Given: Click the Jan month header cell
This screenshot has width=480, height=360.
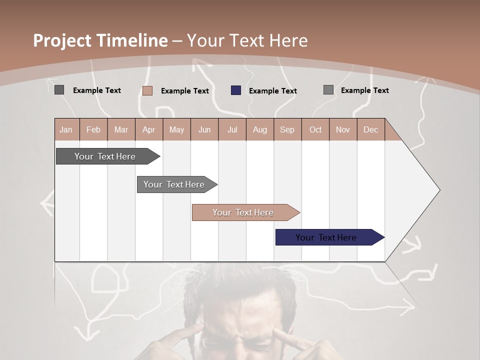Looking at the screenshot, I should click(66, 130).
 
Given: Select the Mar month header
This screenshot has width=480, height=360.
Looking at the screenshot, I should click(121, 130).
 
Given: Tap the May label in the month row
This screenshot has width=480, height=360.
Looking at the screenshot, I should click(176, 130).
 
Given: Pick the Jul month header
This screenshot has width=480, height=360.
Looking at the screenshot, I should click(232, 130).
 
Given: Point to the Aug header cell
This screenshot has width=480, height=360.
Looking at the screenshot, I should click(259, 130).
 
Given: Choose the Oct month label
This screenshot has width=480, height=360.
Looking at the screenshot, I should click(315, 130).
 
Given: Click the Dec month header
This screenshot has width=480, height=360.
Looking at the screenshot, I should click(370, 130).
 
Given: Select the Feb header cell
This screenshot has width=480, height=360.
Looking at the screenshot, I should click(93, 130).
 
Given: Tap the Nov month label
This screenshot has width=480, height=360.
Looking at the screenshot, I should click(342, 130).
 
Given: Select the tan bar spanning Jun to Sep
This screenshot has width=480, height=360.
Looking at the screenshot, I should click(243, 212).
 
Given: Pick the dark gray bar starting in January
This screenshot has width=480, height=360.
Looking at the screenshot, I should click(105, 156).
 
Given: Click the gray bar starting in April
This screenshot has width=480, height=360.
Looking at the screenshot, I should click(174, 184).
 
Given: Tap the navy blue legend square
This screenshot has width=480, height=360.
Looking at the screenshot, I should click(236, 90).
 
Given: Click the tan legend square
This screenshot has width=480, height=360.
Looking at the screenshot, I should click(147, 90).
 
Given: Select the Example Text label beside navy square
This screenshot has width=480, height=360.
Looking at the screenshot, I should click(272, 91).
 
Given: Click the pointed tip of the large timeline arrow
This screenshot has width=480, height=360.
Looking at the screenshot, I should click(438, 190).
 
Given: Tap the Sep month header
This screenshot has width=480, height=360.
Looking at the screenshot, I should click(287, 130).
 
